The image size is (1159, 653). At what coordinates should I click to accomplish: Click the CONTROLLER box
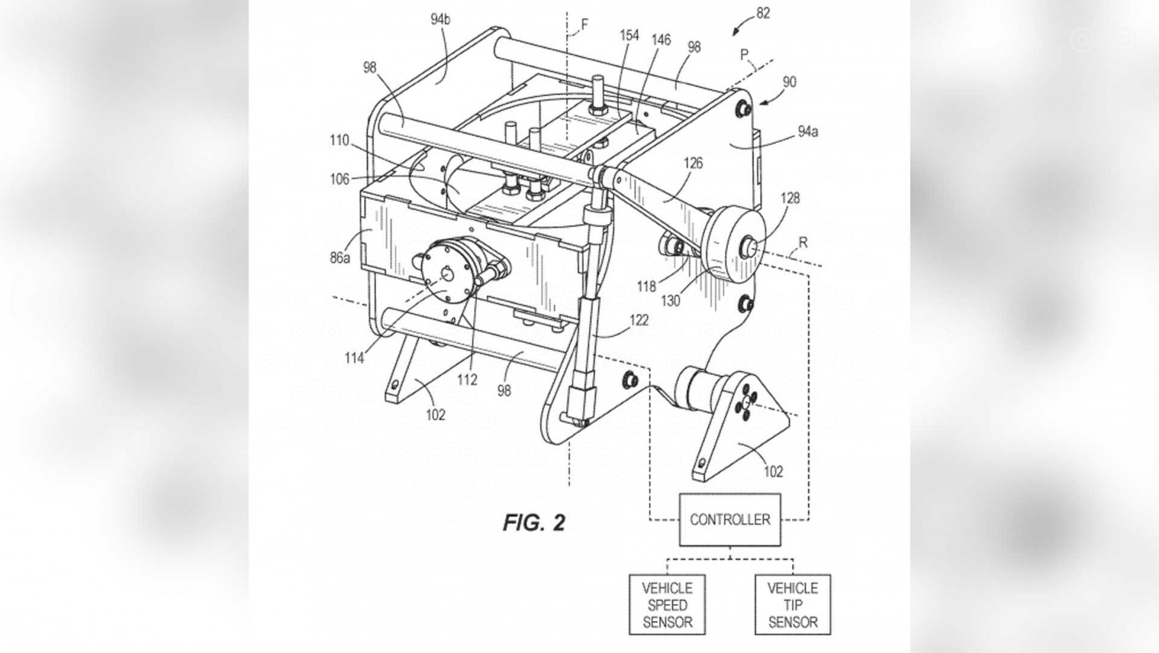click(x=730, y=519)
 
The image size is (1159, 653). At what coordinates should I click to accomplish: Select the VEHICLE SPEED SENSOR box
click(x=667, y=605)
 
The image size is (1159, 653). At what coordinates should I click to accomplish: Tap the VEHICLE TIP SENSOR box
click(x=793, y=605)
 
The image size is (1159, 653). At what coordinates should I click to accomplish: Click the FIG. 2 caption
click(x=534, y=523)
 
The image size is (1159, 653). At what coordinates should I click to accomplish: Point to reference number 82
click(x=763, y=13)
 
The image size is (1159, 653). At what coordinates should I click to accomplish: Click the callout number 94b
click(x=441, y=19)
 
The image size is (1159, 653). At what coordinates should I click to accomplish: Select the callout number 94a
click(x=808, y=132)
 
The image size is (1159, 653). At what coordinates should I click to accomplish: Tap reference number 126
click(x=693, y=164)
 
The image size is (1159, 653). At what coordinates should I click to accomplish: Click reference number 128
click(x=790, y=198)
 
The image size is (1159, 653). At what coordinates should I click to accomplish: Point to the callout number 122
click(x=638, y=320)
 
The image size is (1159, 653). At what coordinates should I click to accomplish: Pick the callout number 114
click(x=354, y=358)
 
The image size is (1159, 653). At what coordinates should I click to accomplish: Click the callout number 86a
click(x=340, y=257)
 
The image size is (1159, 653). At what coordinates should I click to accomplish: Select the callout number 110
click(x=340, y=141)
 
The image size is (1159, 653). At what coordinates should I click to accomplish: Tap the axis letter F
click(x=585, y=24)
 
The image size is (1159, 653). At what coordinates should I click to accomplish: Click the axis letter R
click(x=803, y=242)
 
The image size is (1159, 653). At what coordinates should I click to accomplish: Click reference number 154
click(x=629, y=35)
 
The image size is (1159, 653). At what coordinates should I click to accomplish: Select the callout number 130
click(x=671, y=301)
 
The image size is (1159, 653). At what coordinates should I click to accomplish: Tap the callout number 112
click(x=467, y=380)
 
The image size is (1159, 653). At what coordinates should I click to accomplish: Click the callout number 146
click(x=660, y=40)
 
